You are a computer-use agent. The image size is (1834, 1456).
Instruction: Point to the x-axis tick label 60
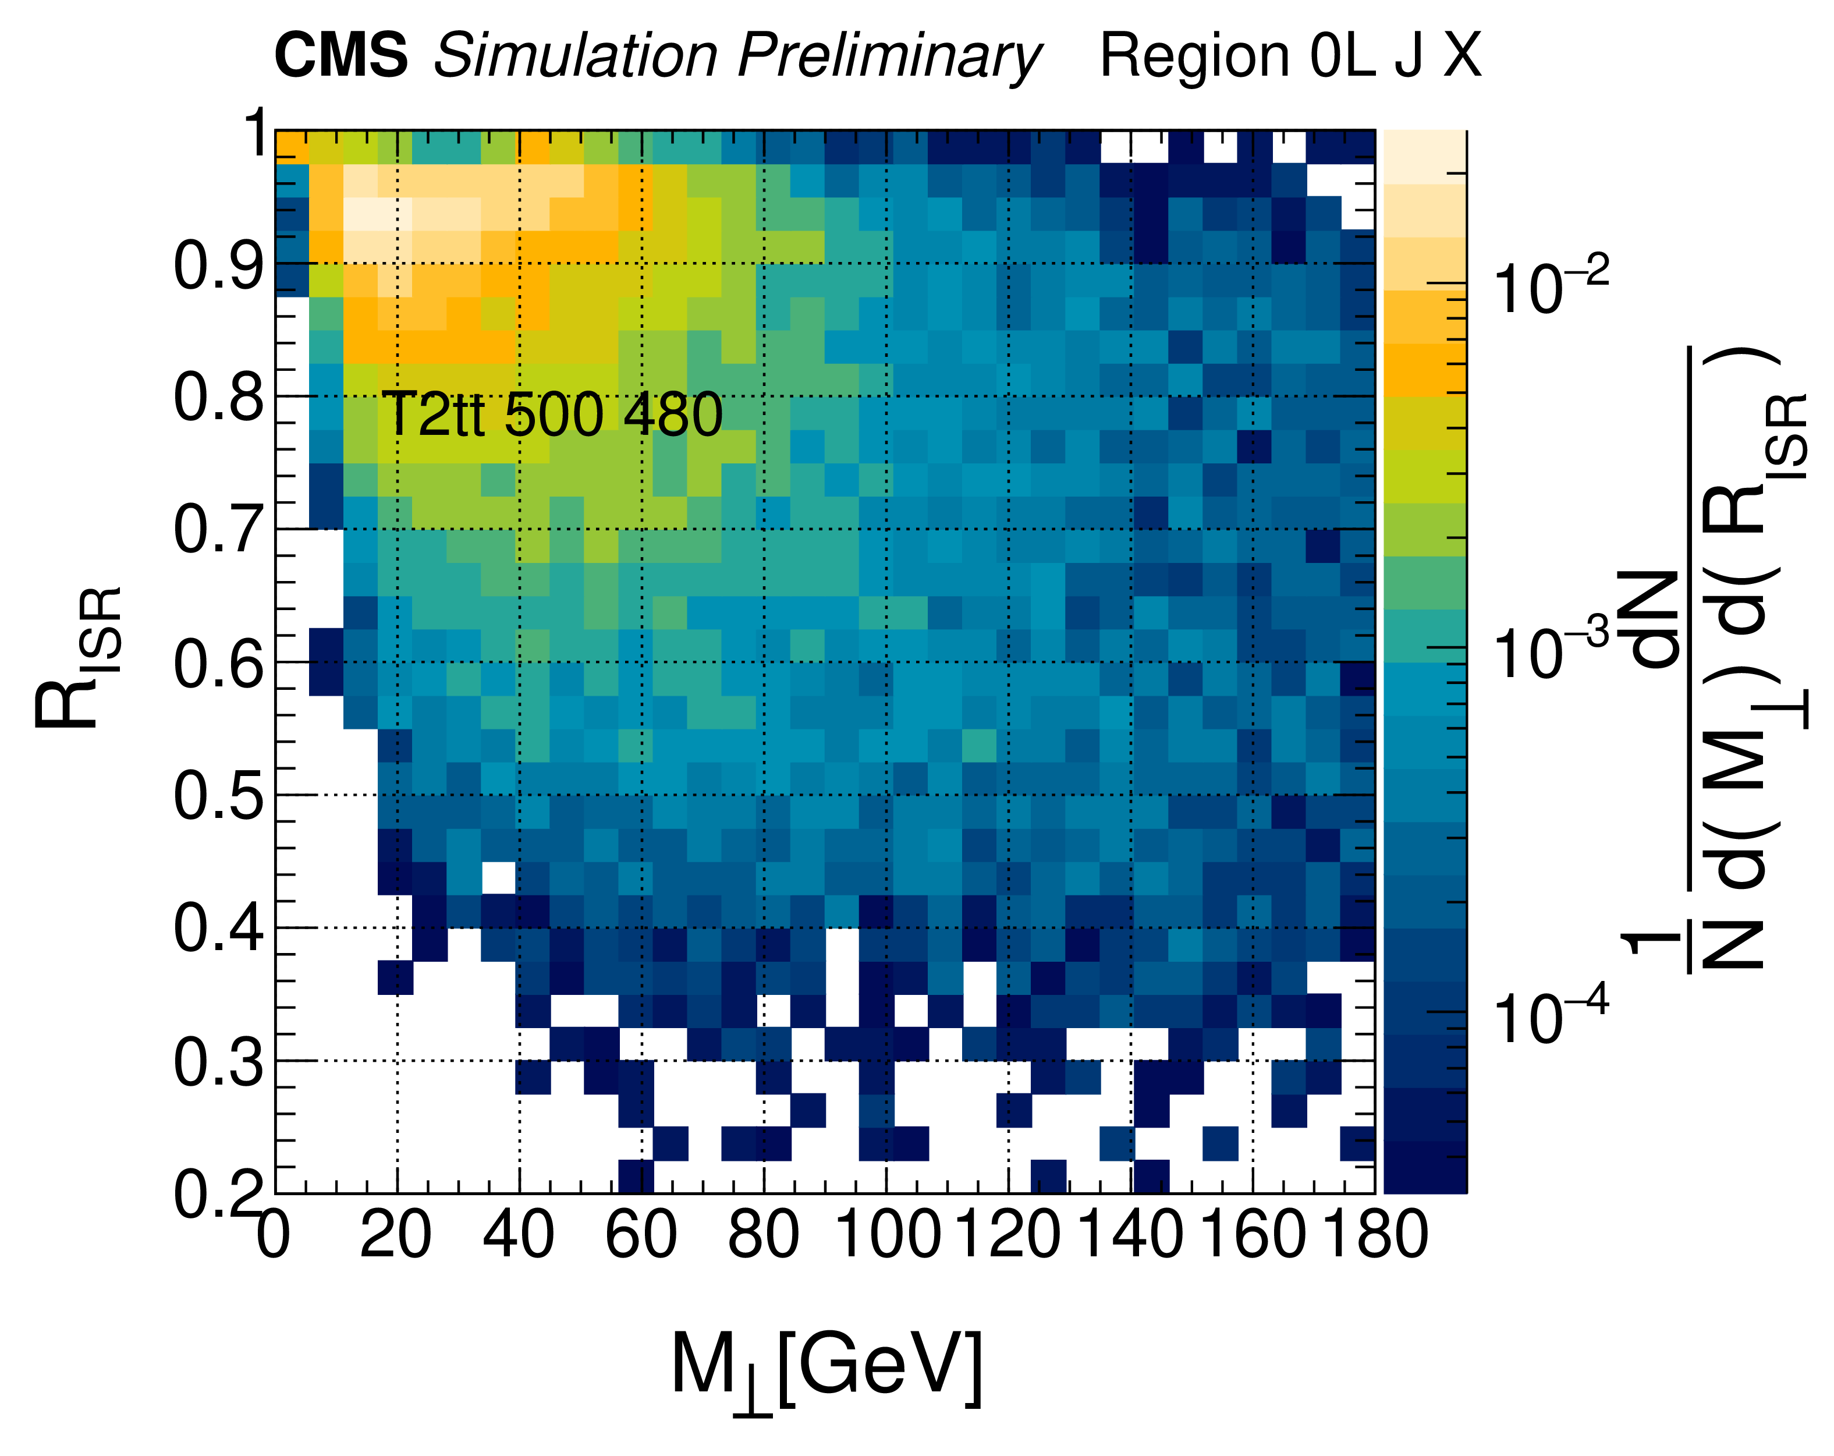tap(641, 1235)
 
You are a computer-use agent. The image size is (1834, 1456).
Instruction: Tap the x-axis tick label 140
tap(1130, 1235)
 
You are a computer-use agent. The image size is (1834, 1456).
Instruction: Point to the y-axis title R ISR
tap(78, 657)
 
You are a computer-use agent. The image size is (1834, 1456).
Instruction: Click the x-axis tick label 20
tap(396, 1235)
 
